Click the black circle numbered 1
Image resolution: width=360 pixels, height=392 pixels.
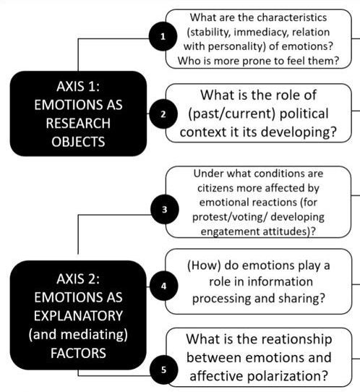click(x=163, y=36)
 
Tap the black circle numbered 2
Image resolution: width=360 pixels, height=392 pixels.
click(x=163, y=114)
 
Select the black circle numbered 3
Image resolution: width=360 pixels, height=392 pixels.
click(x=165, y=209)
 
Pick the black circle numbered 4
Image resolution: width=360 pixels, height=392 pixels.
click(x=164, y=286)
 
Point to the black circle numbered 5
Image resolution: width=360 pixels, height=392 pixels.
click(x=164, y=370)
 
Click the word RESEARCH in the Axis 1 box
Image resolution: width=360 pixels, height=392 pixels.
click(x=78, y=123)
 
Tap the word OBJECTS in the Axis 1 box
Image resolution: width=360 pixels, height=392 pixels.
click(x=78, y=142)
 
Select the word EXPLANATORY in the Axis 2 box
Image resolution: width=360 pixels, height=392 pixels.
click(x=78, y=316)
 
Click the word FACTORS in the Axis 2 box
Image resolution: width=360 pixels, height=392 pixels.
click(x=78, y=353)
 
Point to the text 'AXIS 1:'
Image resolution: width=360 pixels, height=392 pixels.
click(x=78, y=87)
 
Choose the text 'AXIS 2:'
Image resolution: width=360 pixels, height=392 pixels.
click(x=78, y=278)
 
